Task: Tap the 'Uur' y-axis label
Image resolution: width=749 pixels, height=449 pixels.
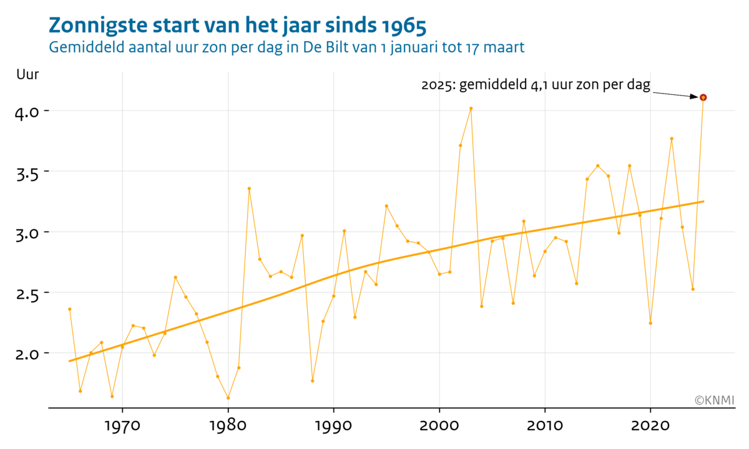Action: [x=27, y=75]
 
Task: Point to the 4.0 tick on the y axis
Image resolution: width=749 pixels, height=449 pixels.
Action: [x=28, y=111]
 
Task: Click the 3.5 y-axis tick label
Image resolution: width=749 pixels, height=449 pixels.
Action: [x=28, y=171]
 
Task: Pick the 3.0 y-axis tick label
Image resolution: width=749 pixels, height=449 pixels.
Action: [x=28, y=232]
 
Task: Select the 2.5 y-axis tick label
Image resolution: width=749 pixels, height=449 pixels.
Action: [x=28, y=292]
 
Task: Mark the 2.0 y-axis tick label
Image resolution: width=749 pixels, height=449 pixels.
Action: [x=28, y=353]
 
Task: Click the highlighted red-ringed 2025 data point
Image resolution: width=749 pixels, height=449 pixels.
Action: [x=703, y=97]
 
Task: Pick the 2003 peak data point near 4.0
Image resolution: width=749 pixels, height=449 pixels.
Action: [x=471, y=109]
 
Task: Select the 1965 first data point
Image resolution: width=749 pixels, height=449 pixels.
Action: [x=70, y=309]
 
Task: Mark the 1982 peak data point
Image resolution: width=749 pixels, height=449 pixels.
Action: [x=249, y=188]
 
